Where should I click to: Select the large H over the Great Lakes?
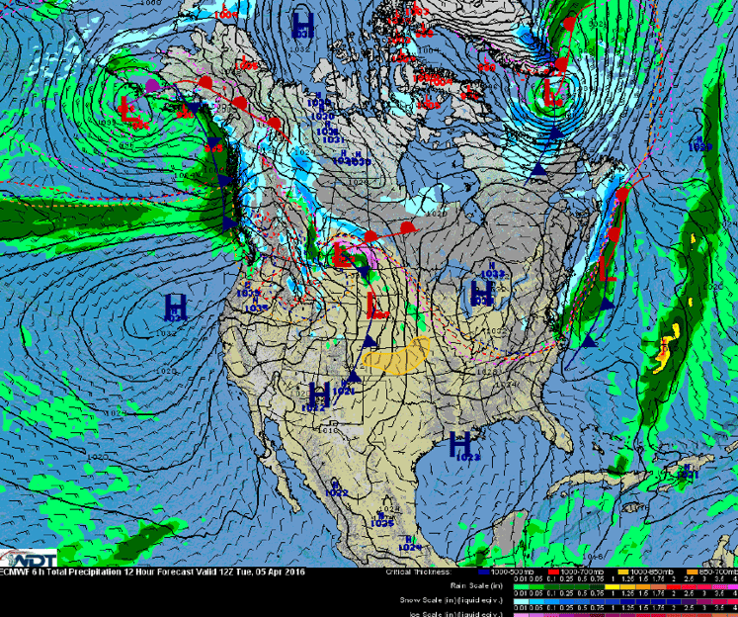click(482, 292)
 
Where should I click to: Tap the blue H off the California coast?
click(176, 306)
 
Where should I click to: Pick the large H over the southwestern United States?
click(318, 394)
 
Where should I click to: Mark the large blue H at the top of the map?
click(303, 23)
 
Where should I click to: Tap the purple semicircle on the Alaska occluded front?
click(152, 87)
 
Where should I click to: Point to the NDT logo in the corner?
click(28, 557)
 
